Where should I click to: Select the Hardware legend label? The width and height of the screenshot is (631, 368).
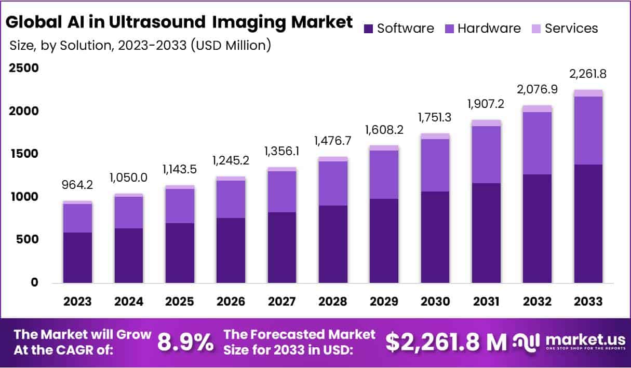click(489, 28)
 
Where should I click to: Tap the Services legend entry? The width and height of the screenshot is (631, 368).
click(571, 28)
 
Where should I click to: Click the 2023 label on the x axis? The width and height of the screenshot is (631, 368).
click(78, 302)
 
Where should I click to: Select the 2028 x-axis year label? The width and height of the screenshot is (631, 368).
click(333, 302)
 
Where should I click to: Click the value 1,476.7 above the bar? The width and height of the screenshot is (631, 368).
click(333, 141)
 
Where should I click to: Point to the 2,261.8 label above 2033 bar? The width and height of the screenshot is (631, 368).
click(588, 74)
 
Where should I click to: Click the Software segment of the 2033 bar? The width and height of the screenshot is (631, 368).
click(588, 223)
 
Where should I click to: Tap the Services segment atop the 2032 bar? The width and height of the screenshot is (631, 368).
click(537, 108)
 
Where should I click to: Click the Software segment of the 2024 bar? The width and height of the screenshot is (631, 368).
click(129, 255)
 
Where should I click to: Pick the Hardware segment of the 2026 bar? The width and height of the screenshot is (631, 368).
click(231, 199)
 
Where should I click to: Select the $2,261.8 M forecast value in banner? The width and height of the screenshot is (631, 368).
click(446, 342)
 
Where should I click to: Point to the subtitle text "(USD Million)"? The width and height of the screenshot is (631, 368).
click(231, 46)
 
